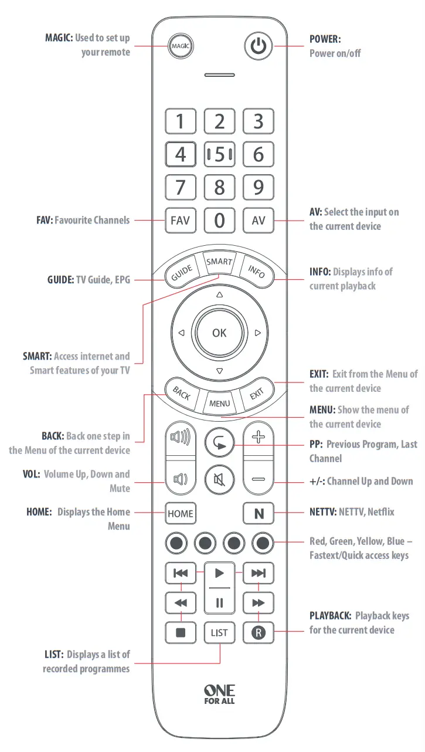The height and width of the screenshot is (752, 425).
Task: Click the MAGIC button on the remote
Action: coord(181,46)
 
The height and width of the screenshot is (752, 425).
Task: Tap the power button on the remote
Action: coord(258,46)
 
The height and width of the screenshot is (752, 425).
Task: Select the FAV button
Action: coord(180,221)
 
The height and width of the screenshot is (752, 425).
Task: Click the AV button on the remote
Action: coord(258,221)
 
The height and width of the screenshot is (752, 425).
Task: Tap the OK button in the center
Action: coord(219,333)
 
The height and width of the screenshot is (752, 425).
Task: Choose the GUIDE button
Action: coord(182,273)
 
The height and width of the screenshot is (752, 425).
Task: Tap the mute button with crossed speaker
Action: coord(219,479)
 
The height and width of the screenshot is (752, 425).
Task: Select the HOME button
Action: coord(180,514)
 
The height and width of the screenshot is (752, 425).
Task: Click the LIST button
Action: coord(219,633)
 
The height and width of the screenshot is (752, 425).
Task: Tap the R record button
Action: coord(258,633)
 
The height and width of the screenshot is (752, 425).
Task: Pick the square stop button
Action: coord(181,633)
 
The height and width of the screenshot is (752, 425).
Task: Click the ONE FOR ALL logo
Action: coord(219,694)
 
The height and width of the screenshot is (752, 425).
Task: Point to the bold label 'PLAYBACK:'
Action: coord(330,616)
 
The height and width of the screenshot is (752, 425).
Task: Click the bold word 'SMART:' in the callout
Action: coord(37,356)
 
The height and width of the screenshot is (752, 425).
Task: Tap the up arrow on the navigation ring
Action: coord(219,294)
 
